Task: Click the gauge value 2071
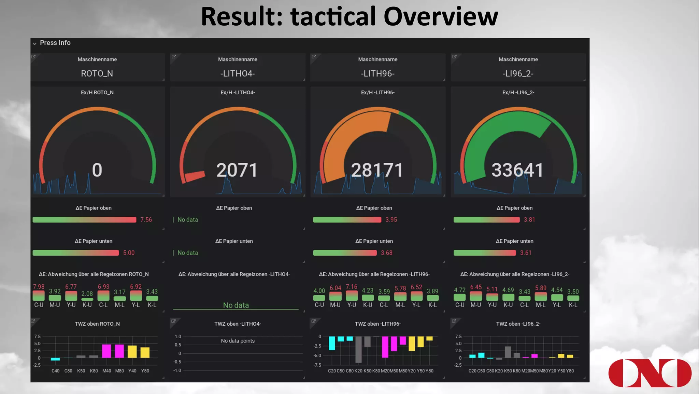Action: coord(237,170)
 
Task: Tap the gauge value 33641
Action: coord(517,170)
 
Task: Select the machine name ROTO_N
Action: coord(97,73)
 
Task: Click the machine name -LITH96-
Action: coord(377,73)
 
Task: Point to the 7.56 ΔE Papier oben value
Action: coord(146,220)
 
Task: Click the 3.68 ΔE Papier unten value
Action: coord(386,253)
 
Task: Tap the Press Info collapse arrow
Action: coord(34,43)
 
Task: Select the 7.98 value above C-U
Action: coord(39,287)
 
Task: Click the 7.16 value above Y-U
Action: coord(351,287)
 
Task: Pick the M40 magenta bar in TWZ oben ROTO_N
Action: coord(106,351)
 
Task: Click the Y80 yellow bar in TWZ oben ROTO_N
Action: coord(145,352)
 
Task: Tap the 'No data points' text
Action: coord(238,341)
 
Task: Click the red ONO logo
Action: coord(650,373)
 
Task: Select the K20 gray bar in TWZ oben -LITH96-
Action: coord(358,349)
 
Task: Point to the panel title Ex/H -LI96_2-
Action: coord(518,93)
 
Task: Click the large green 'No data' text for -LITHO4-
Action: coord(236,305)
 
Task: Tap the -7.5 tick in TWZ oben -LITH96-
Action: coord(317,365)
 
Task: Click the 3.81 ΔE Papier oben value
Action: coord(529,220)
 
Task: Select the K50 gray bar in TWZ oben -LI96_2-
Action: coord(508,352)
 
